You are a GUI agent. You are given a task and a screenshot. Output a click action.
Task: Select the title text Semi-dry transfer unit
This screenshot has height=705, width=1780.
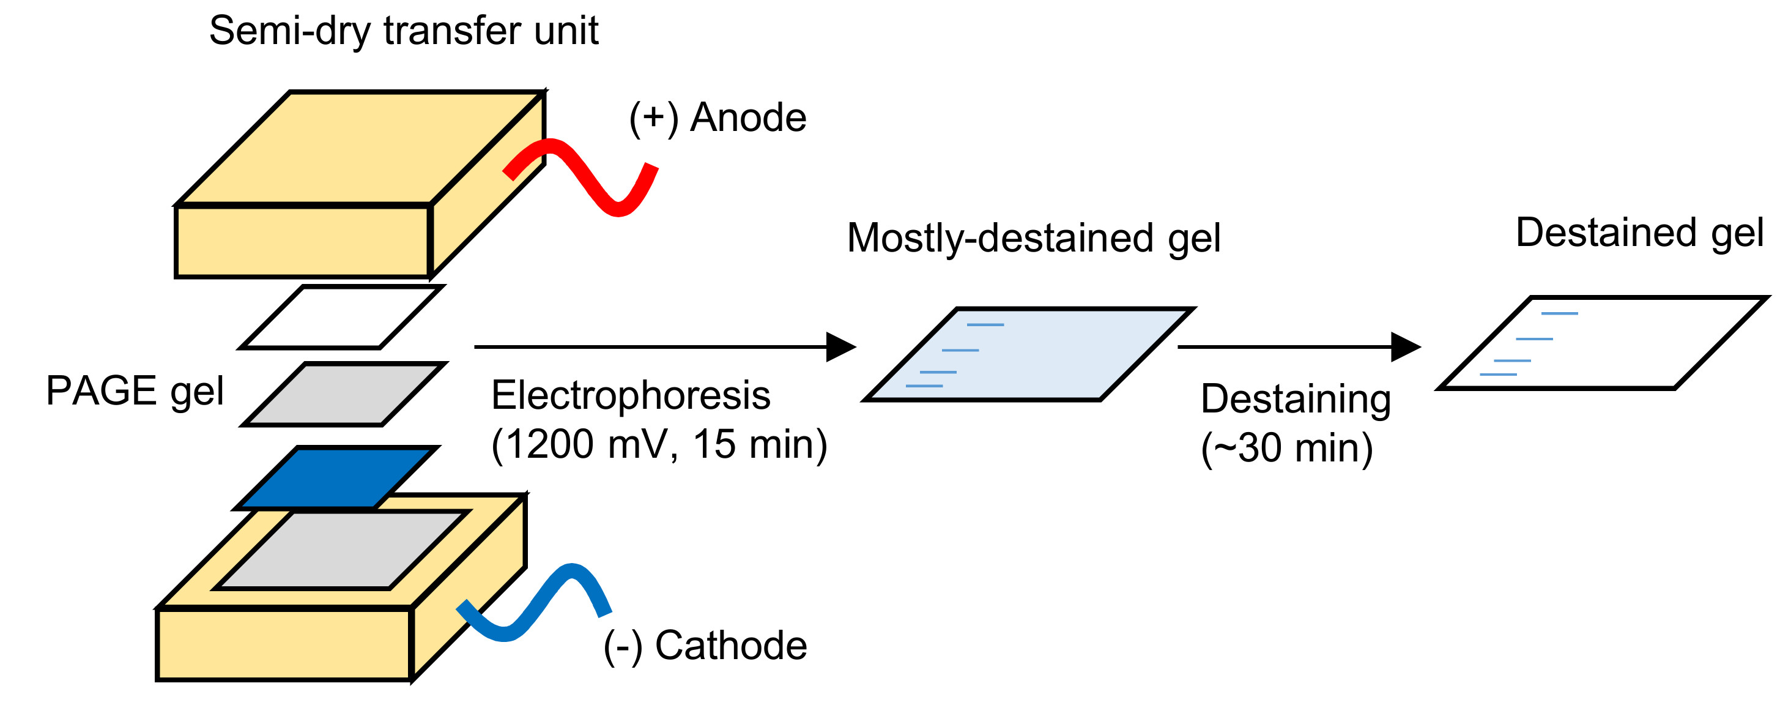pyautogui.click(x=404, y=31)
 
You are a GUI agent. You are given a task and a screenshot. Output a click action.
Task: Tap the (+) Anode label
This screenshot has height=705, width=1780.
pyautogui.click(x=718, y=117)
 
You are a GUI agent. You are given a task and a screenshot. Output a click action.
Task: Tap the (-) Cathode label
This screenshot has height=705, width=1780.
pyautogui.click(x=705, y=646)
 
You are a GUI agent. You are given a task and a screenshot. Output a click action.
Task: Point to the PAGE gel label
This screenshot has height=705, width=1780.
pyautogui.click(x=135, y=391)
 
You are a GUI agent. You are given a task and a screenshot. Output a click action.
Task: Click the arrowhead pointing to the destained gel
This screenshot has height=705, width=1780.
pyautogui.click(x=1403, y=347)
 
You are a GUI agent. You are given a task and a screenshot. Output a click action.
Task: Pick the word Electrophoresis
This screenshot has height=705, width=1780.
pyautogui.click(x=630, y=396)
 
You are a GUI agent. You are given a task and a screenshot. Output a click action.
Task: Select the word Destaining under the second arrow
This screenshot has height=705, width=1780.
pyautogui.click(x=1296, y=400)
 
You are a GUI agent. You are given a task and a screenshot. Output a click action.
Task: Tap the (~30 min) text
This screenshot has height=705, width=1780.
pyautogui.click(x=1286, y=448)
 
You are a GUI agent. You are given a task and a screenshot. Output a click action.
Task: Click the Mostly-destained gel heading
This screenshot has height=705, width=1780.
pyautogui.click(x=1034, y=239)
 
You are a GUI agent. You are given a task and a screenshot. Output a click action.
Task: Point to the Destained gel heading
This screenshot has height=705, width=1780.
pyautogui.click(x=1639, y=233)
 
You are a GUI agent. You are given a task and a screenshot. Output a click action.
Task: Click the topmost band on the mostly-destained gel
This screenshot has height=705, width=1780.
pyautogui.click(x=985, y=325)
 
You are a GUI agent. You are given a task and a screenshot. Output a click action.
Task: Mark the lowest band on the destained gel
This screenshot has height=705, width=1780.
pyautogui.click(x=1498, y=375)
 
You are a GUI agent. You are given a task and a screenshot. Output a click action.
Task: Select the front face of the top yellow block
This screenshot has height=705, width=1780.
pyautogui.click(x=303, y=241)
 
